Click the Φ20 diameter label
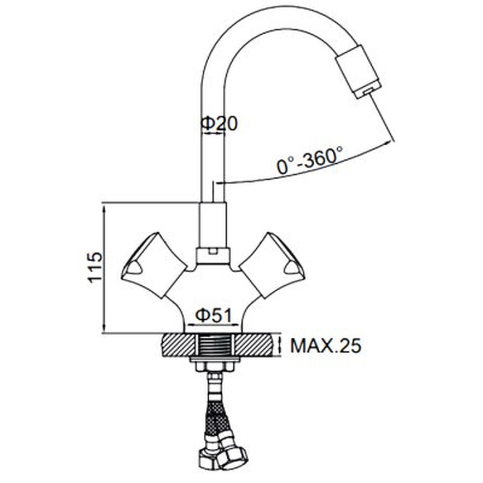click(x=219, y=124)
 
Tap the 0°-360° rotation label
click(x=310, y=159)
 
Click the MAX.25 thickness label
click(x=326, y=346)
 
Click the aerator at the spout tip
click(x=358, y=71)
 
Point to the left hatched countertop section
click(x=178, y=345)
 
